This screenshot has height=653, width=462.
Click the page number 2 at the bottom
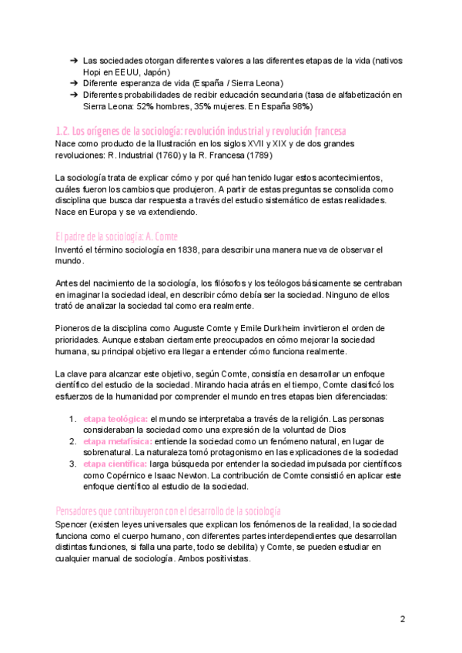pyautogui.click(x=403, y=619)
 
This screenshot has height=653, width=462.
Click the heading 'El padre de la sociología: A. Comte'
pyautogui.click(x=117, y=236)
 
